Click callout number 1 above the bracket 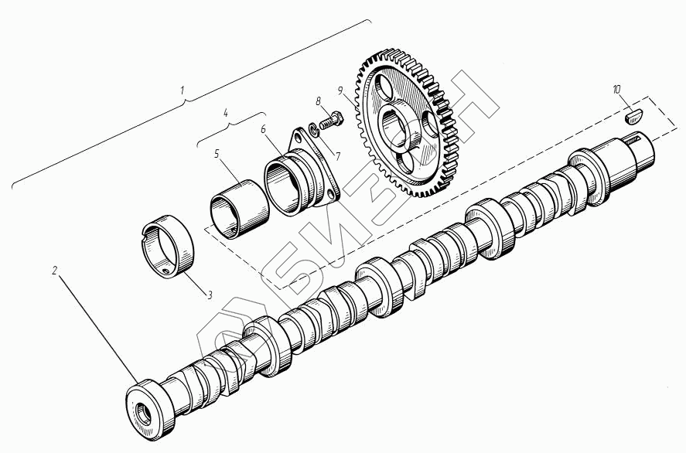(183, 90)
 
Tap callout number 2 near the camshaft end (54, 271)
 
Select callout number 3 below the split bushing (210, 295)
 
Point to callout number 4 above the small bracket (226, 113)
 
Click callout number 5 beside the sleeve (217, 154)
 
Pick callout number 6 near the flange (263, 129)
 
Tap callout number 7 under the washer (338, 155)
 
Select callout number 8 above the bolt (319, 101)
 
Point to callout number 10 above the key (617, 90)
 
